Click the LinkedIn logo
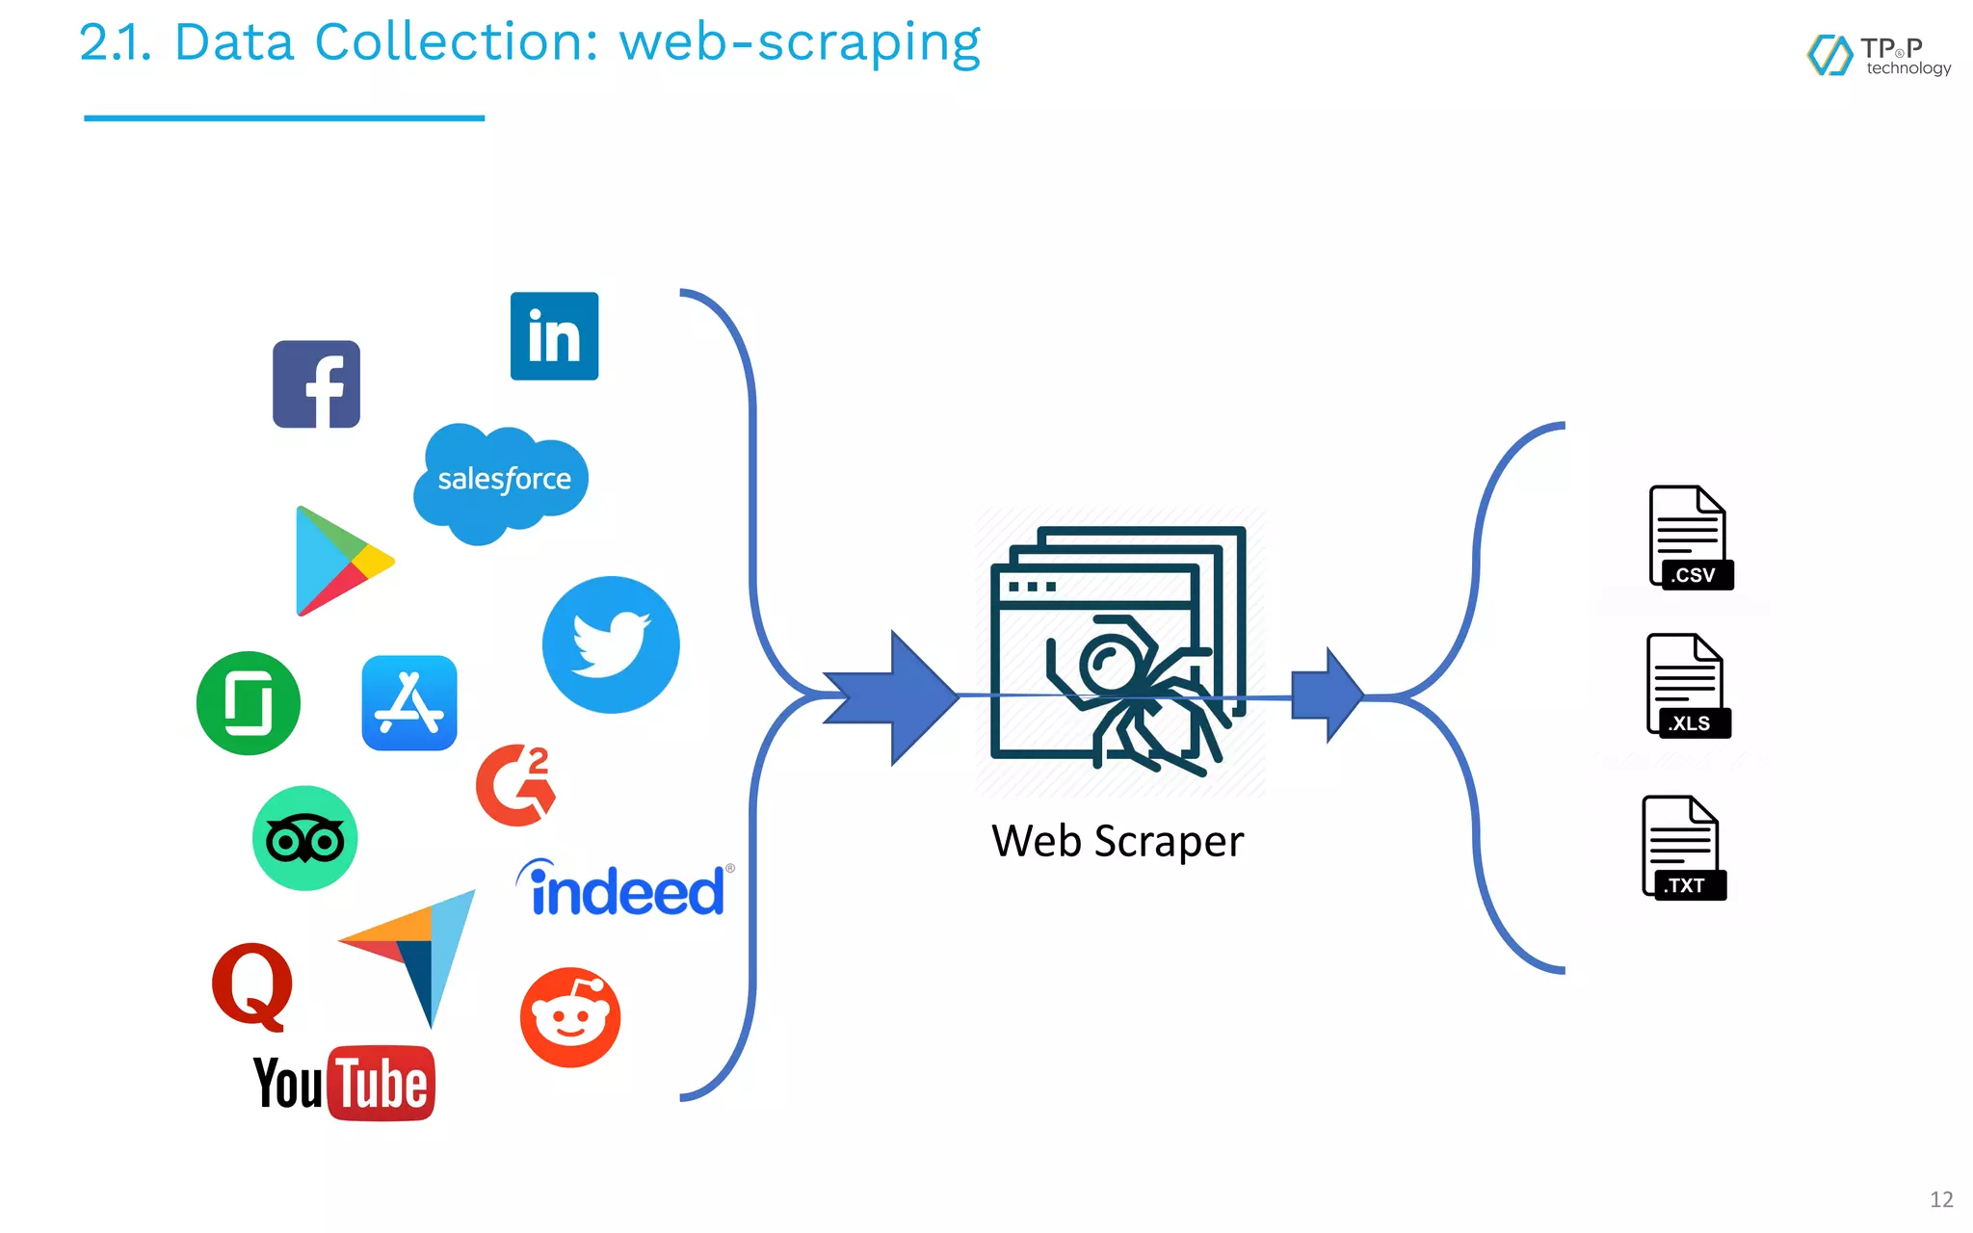[554, 336]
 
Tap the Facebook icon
[316, 384]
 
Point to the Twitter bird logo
[611, 644]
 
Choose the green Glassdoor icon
[249, 703]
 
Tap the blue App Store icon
[409, 703]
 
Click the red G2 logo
[516, 785]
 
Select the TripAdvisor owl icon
[304, 838]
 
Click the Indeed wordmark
[624, 889]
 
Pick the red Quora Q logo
[252, 984]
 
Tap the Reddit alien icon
[570, 1017]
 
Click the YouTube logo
[344, 1084]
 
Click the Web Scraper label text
[1118, 841]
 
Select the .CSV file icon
[1690, 538]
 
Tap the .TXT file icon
[1683, 848]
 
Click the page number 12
[1940, 1199]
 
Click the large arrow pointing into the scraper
[901, 697]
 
